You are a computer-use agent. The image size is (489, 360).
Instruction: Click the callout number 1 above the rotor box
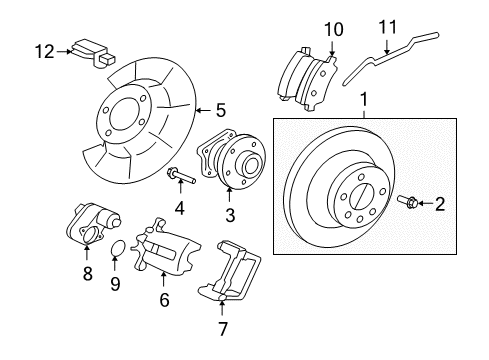point(363,101)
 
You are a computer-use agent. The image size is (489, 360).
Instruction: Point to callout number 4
point(179,208)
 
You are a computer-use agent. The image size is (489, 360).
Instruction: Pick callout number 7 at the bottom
point(223,327)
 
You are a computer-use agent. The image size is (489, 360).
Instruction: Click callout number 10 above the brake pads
point(332,27)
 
